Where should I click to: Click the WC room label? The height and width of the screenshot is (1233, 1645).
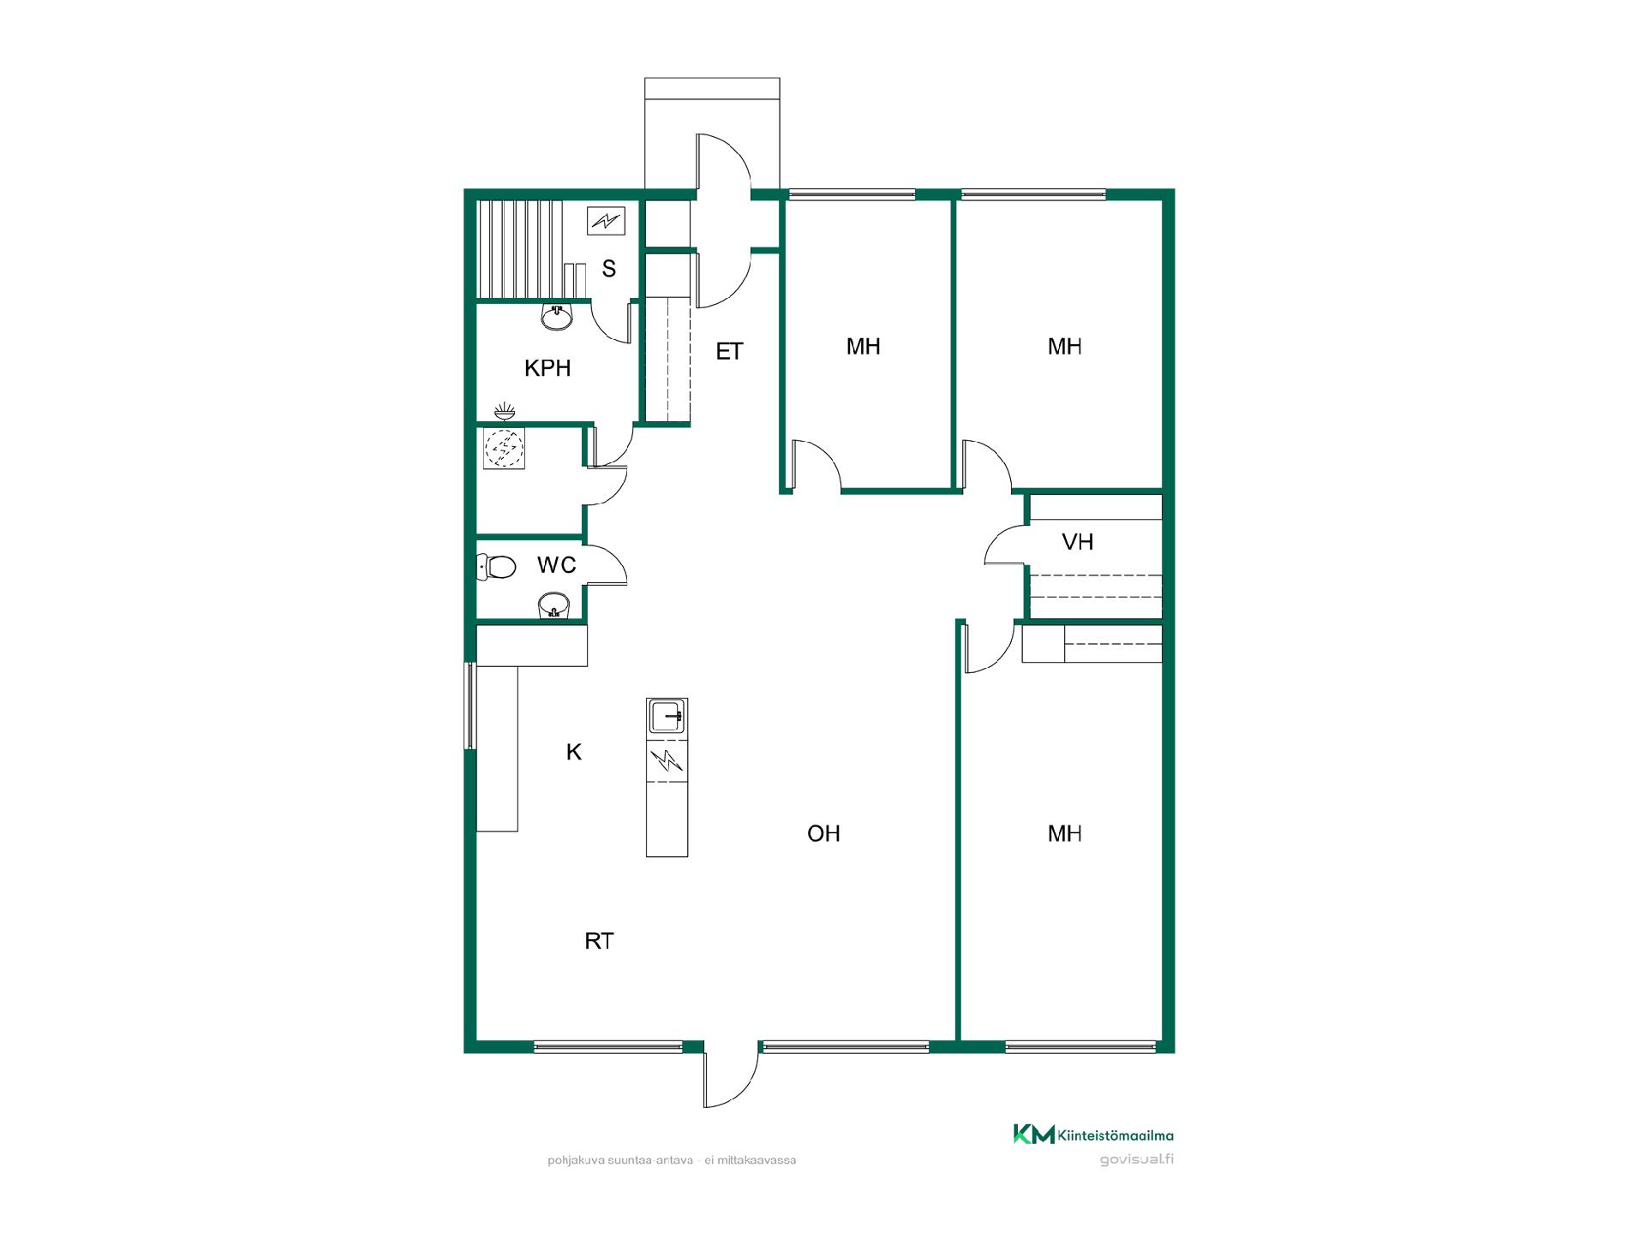556,565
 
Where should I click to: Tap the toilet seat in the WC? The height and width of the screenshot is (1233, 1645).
500,567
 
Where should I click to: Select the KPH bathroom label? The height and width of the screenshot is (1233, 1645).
547,368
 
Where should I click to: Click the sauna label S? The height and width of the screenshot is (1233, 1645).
609,269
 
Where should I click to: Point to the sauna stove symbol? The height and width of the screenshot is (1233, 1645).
607,221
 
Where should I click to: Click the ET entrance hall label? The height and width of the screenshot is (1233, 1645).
729,351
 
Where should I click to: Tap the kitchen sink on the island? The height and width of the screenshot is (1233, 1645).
667,716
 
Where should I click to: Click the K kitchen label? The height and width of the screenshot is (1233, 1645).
574,752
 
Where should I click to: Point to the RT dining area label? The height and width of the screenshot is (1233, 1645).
599,941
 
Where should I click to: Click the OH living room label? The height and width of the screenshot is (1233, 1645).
823,833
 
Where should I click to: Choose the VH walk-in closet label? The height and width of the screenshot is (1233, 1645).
1078,541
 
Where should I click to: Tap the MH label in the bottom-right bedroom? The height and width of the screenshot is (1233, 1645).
1065,833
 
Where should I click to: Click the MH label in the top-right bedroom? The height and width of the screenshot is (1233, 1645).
1065,346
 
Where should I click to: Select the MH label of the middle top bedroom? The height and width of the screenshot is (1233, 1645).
864,346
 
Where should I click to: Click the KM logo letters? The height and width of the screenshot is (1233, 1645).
1034,1135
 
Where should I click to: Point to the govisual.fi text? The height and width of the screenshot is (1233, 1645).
1137,1160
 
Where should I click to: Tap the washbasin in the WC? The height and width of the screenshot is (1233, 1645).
554,605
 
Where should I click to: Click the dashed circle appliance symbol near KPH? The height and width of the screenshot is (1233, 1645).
504,448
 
